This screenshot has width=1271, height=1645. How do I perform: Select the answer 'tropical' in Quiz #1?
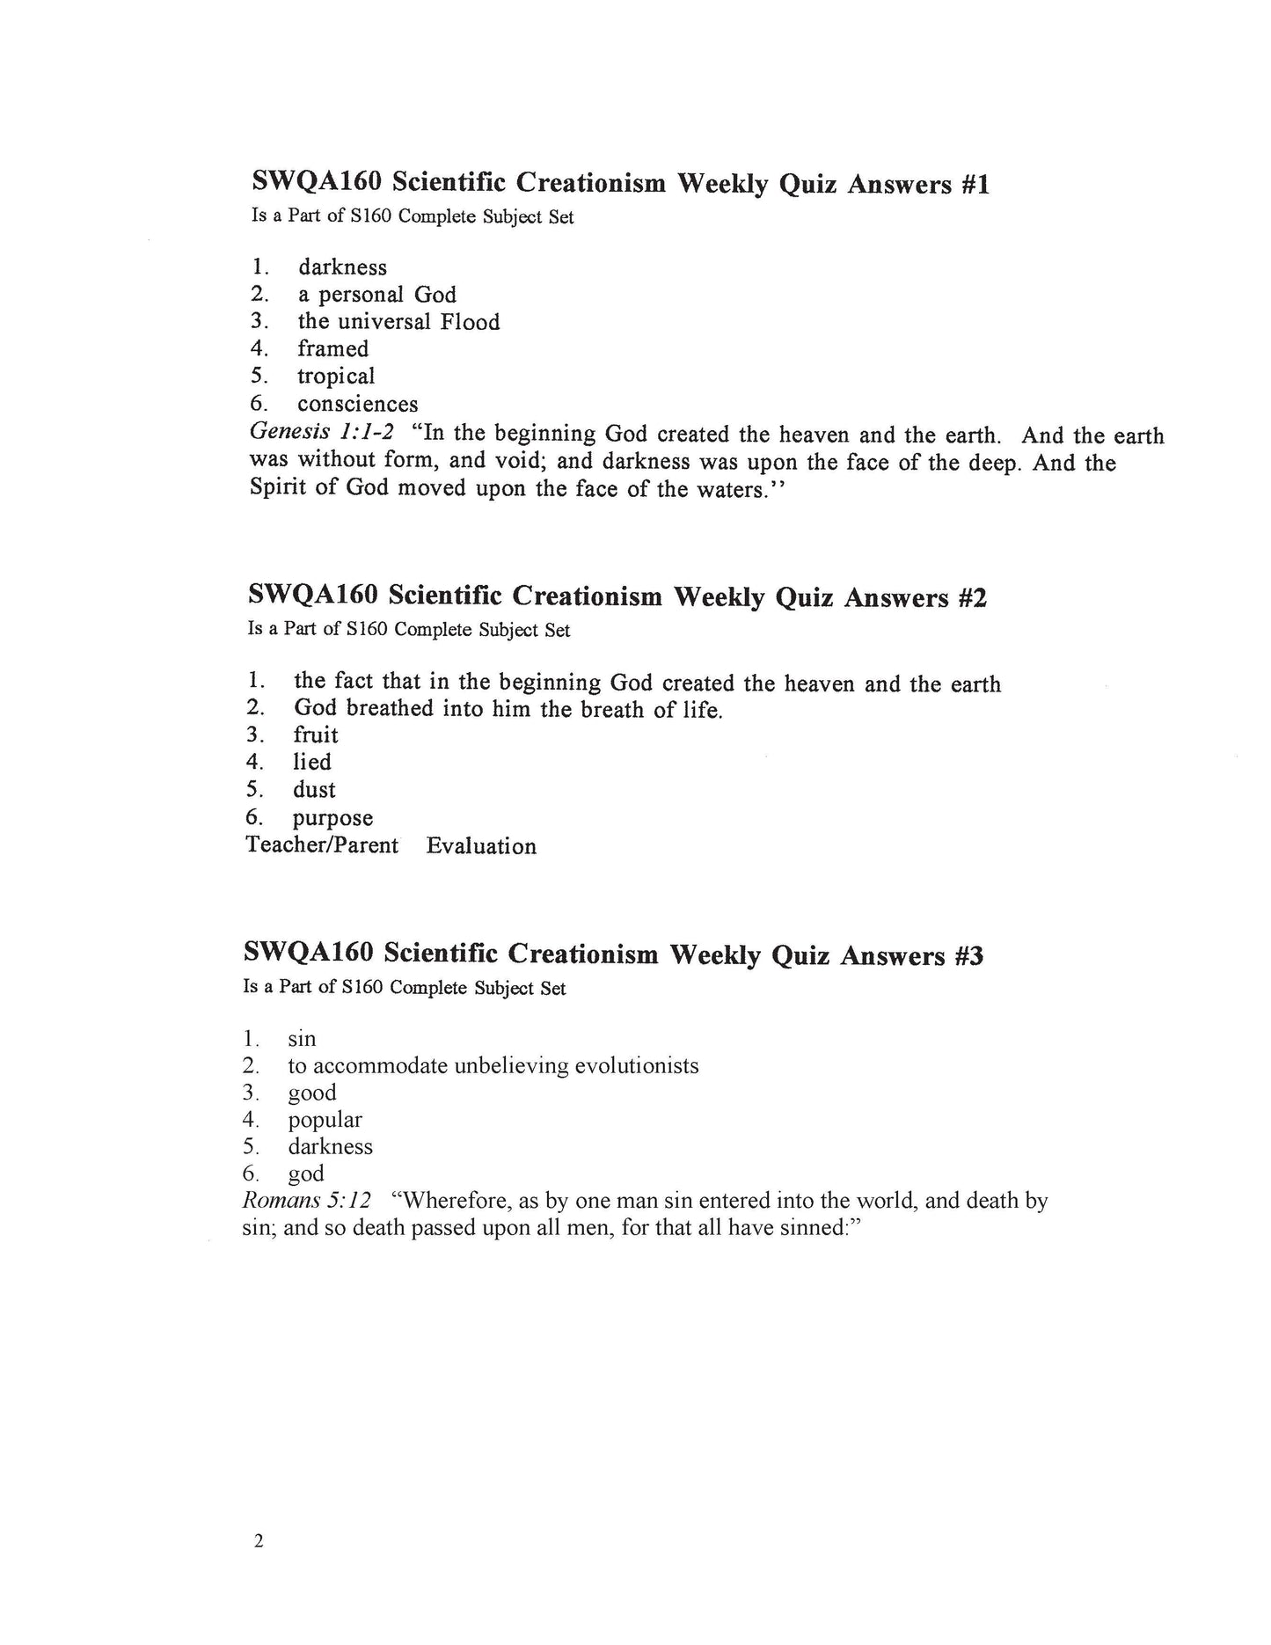335,377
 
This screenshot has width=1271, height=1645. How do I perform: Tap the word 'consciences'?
357,405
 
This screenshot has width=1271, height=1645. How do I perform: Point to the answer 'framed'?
332,349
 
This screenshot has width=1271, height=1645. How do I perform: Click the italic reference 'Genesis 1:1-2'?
321,433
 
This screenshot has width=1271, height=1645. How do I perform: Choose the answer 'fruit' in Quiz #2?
315,735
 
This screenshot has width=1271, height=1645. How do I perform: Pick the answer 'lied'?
311,762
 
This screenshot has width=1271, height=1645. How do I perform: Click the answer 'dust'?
314,790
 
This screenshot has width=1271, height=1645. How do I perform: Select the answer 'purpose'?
332,818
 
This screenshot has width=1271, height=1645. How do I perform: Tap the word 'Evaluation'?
481,846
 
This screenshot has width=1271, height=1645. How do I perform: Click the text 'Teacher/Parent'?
322,845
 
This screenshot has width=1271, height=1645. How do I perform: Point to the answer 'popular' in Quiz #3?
325,1120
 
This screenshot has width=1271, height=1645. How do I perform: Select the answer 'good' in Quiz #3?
311,1093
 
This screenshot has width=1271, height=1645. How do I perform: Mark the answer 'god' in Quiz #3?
305,1174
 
